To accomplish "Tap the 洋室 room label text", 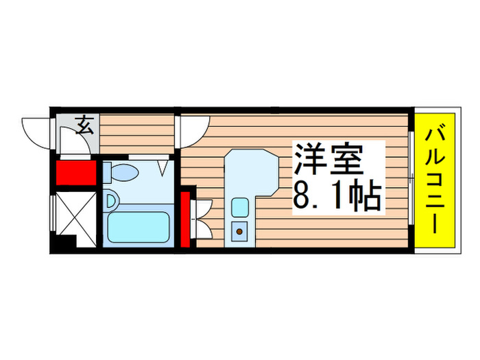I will click(328, 162).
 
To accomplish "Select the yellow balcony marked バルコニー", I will click(435, 180).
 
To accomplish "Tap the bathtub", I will click(139, 226).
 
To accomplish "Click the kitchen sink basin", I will click(239, 206).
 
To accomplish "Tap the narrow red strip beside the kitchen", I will click(185, 219).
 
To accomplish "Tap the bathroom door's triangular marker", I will click(164, 166).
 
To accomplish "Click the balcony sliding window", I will click(410, 180).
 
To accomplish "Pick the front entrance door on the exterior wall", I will click(38, 132).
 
